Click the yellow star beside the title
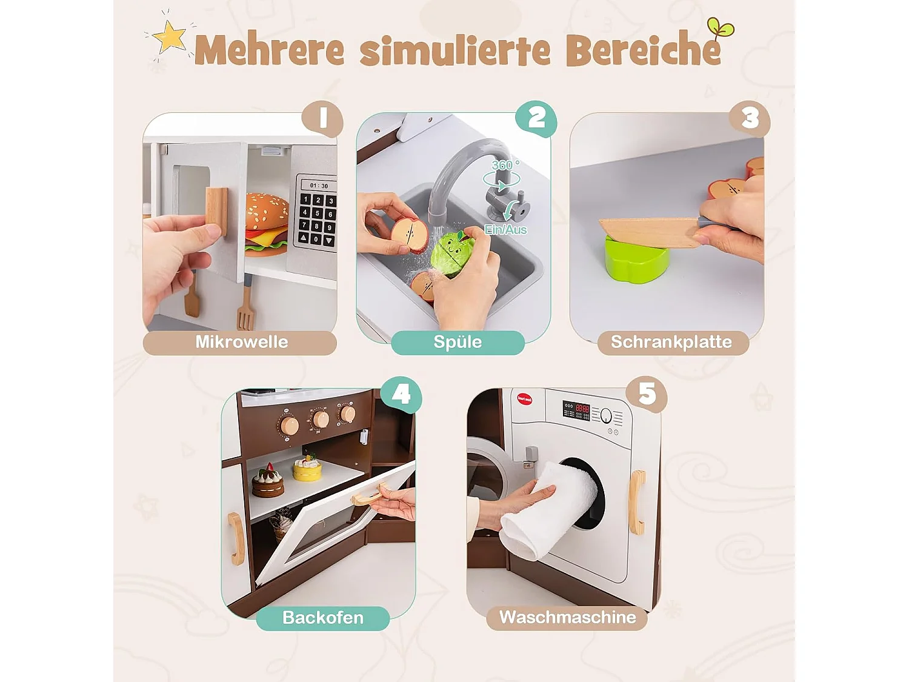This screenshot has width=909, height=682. coord(170,38)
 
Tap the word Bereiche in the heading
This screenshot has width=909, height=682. coord(644,50)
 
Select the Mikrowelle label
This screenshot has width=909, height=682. coord(241,342)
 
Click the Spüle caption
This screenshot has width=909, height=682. coord(458,342)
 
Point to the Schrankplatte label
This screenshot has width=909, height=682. coord(671,342)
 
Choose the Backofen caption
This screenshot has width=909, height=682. coord(323,618)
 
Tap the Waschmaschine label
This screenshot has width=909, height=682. coord(567,618)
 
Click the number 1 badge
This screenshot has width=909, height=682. coord(323,118)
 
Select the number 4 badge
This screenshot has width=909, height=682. coord(401,395)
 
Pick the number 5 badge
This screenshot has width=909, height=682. coord(647,395)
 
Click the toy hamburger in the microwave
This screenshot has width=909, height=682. coord(267,222)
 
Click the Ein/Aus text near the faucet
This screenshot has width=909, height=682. coord(505,230)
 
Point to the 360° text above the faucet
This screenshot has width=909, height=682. coord(504,165)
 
